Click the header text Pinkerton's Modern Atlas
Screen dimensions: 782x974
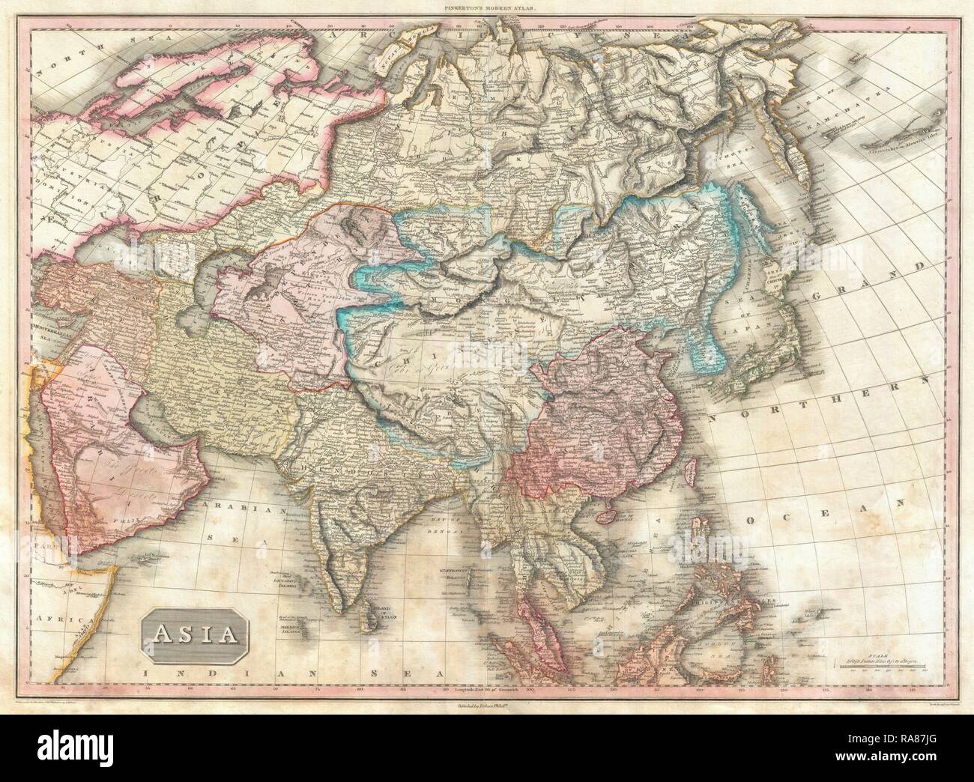486,7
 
